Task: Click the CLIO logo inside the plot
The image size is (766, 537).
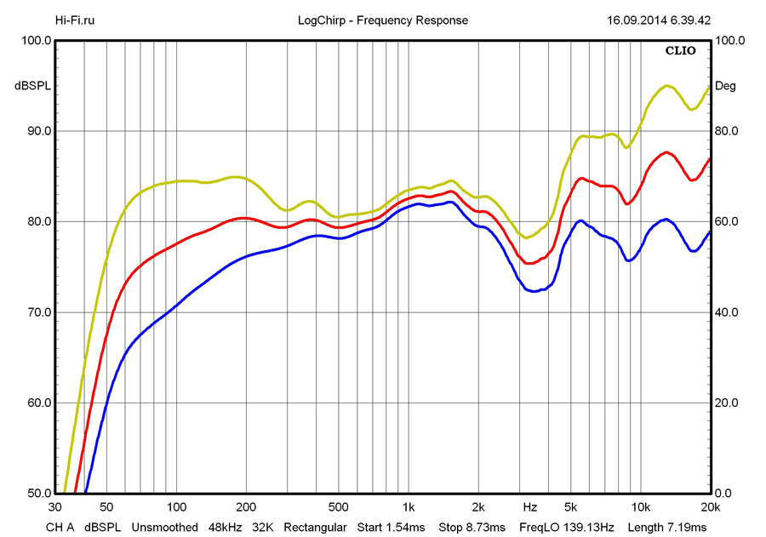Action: (x=680, y=51)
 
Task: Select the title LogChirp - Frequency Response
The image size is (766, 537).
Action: (x=383, y=20)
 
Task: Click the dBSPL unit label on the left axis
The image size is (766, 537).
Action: (x=31, y=86)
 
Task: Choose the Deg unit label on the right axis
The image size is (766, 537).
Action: (x=725, y=86)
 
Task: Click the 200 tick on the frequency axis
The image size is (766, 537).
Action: (x=246, y=507)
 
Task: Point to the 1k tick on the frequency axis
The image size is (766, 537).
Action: (x=409, y=507)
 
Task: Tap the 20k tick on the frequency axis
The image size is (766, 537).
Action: (x=711, y=507)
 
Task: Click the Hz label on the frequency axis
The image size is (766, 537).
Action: (x=529, y=507)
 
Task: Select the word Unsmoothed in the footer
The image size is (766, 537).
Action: (x=164, y=528)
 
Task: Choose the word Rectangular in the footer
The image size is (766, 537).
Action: (x=315, y=528)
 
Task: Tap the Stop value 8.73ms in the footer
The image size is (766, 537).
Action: (x=487, y=528)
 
